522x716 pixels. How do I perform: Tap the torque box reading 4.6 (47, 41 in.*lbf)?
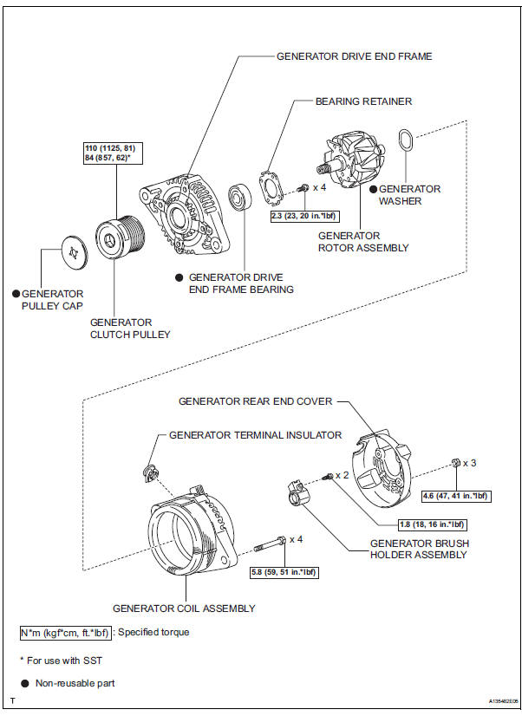tap(456, 496)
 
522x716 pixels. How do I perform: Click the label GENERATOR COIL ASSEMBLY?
tap(185, 609)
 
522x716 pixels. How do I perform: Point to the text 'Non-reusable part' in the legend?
tap(75, 683)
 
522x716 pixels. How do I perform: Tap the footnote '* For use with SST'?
tap(61, 661)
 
